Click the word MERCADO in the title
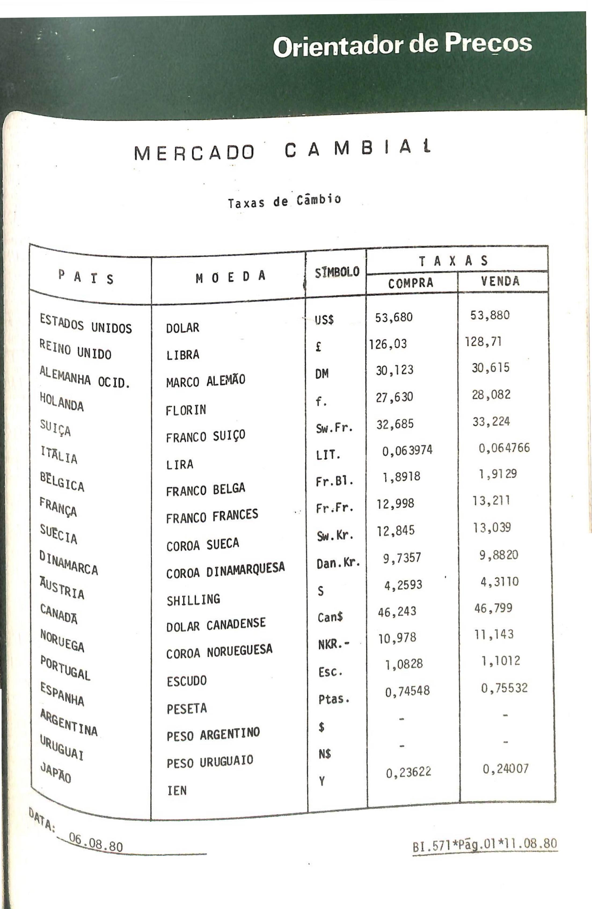pyautogui.click(x=194, y=153)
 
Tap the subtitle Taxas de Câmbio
pyautogui.click(x=284, y=201)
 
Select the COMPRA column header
pyautogui.click(x=411, y=283)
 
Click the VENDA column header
pyautogui.click(x=500, y=281)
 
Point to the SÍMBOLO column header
pyautogui.click(x=337, y=272)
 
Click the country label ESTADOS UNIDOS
pyautogui.click(x=86, y=323)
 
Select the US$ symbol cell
pyautogui.click(x=324, y=319)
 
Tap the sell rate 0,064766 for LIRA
pyautogui.click(x=504, y=448)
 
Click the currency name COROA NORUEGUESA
pyautogui.click(x=219, y=651)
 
